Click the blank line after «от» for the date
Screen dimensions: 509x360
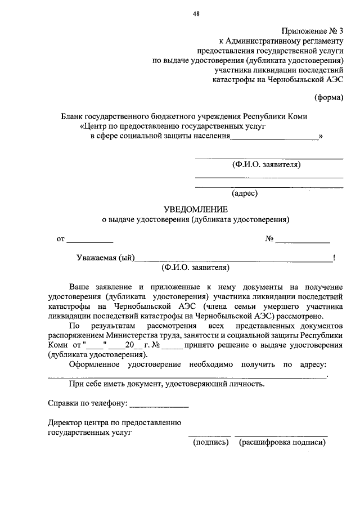coord(90,242)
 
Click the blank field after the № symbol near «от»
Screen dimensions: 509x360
coord(303,242)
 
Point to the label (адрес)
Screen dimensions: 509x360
coord(244,193)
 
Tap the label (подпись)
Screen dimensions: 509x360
coord(210,443)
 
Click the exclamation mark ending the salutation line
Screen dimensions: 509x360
coord(334,258)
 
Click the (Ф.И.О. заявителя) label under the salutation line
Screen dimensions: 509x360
coord(195,267)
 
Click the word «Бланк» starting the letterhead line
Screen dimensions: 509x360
coord(73,116)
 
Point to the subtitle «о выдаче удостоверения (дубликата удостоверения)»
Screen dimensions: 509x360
coord(195,219)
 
